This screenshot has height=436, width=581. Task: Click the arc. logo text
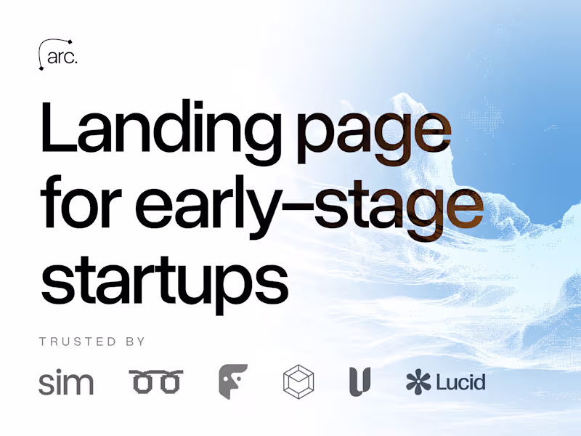click(x=61, y=57)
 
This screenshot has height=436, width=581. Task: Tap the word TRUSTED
click(x=78, y=342)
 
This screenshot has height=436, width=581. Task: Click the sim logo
click(x=65, y=381)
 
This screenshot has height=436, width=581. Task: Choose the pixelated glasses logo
click(x=155, y=381)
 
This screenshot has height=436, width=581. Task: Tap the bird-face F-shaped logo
click(x=233, y=381)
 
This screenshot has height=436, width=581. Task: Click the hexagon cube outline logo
click(x=298, y=381)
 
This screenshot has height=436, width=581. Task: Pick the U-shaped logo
click(x=359, y=381)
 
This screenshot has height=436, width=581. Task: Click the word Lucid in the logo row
click(x=460, y=381)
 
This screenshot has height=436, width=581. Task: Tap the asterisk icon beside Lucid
click(x=418, y=381)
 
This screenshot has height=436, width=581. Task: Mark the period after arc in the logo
click(x=75, y=62)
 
